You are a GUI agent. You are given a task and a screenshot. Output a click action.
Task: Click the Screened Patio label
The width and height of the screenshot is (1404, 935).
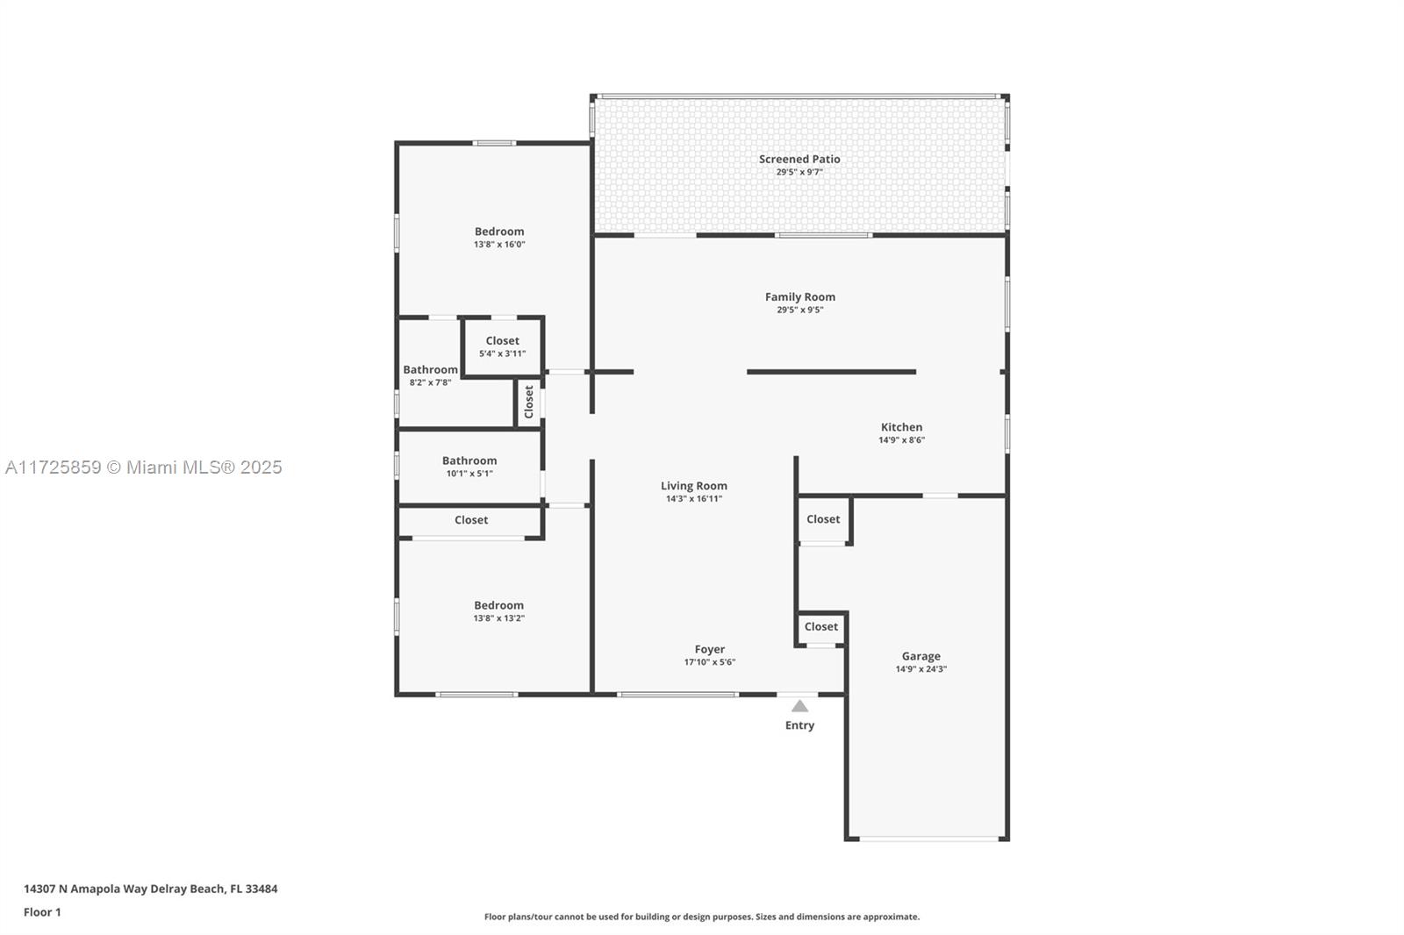click(799, 159)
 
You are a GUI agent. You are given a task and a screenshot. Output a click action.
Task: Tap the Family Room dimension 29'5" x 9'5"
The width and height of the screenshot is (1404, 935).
click(799, 310)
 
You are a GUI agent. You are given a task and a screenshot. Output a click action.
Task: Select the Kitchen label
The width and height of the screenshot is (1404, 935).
click(901, 427)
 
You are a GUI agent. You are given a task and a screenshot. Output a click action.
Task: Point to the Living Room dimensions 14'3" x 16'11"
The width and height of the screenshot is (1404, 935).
click(693, 499)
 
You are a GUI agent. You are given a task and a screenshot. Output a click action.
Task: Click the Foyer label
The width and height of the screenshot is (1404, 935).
click(709, 649)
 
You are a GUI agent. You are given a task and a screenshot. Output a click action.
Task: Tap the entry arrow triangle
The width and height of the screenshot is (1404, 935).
click(799, 706)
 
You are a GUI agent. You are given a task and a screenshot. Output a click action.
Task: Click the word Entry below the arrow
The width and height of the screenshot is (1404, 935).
click(799, 725)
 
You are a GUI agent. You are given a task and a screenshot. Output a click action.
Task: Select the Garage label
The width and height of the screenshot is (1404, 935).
click(920, 656)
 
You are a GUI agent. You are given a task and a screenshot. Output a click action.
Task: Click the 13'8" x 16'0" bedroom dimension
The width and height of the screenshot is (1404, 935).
click(499, 245)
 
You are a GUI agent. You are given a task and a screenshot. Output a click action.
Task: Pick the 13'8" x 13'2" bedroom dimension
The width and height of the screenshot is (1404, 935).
click(498, 618)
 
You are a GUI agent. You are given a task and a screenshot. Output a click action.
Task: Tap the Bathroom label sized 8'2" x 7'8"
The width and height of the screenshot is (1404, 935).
click(430, 369)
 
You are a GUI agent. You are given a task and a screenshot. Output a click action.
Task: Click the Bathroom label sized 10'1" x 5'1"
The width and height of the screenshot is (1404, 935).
click(469, 460)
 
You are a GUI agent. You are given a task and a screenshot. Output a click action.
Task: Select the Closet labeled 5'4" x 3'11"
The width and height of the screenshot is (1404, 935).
click(502, 340)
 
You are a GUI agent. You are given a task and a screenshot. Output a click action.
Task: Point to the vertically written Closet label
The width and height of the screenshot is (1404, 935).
click(528, 402)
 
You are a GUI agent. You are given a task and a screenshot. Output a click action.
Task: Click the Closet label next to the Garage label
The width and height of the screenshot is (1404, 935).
click(821, 626)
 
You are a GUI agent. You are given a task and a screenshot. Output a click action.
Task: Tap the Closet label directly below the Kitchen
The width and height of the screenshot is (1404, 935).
click(823, 519)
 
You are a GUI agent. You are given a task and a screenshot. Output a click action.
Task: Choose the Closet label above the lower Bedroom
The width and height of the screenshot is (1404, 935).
click(471, 520)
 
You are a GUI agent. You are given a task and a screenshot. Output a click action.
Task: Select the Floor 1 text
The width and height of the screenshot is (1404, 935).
click(42, 912)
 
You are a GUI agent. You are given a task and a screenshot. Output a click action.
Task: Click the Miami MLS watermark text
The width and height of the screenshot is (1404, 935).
click(144, 467)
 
